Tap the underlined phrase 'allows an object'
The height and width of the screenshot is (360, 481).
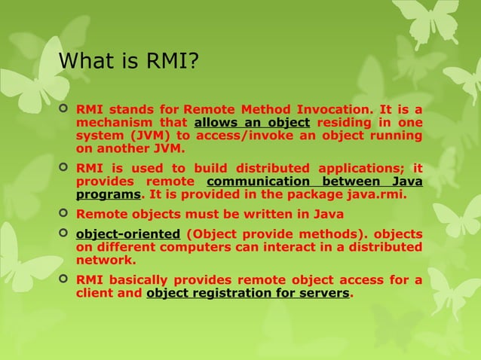pos(252,122)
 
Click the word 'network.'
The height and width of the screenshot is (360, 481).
pos(106,259)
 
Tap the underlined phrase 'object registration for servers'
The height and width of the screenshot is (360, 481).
pos(248,292)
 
